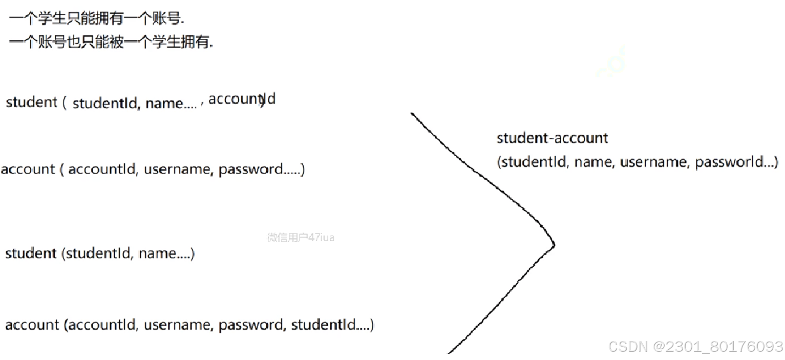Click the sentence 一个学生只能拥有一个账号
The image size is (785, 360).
pyautogui.click(x=97, y=19)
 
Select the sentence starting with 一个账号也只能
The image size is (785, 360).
pyautogui.click(x=111, y=43)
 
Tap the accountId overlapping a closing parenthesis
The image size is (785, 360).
pyautogui.click(x=242, y=99)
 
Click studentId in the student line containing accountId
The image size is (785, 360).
pyautogui.click(x=105, y=103)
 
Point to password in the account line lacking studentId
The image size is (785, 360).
pyautogui.click(x=251, y=169)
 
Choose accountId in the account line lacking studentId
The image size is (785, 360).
pyautogui.click(x=102, y=169)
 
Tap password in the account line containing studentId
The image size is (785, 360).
pyautogui.click(x=251, y=325)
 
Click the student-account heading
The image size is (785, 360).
pyautogui.click(x=552, y=138)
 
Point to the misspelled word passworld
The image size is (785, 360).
pyautogui.click(x=730, y=162)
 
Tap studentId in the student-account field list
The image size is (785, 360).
pyautogui.click(x=534, y=162)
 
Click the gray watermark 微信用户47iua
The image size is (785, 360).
pyautogui.click(x=301, y=237)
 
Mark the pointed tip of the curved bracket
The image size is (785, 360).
pyautogui.click(x=554, y=244)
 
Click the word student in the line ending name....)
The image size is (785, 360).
pyautogui.click(x=31, y=253)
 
